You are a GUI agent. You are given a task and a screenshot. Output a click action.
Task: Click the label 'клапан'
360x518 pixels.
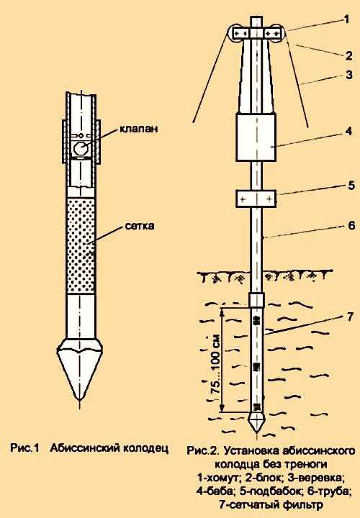pyautogui.click(x=138, y=129)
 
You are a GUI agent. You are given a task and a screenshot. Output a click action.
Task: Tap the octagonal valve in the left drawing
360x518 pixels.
pyautogui.click(x=81, y=147)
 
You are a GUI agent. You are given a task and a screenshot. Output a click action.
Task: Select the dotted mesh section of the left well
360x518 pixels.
pyautogui.click(x=81, y=245)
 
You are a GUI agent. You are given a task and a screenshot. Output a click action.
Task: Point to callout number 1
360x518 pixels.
pyautogui.click(x=346, y=20)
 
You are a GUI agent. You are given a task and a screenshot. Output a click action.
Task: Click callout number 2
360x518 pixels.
pyautogui.click(x=348, y=55)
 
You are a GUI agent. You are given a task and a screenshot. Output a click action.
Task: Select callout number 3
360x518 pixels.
pyautogui.click(x=349, y=75)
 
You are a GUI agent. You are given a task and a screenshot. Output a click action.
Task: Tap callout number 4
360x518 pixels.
pyautogui.click(x=348, y=131)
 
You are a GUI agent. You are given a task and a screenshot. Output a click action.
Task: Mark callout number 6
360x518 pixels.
pyautogui.click(x=351, y=225)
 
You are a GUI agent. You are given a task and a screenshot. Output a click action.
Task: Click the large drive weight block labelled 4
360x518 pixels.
pyautogui.click(x=256, y=137)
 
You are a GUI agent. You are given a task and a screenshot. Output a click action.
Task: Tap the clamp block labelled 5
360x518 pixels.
pyautogui.click(x=256, y=199)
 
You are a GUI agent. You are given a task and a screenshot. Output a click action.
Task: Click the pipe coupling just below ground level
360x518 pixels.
pyautogui.click(x=256, y=300)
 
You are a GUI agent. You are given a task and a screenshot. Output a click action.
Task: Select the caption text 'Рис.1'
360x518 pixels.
pyautogui.click(x=25, y=448)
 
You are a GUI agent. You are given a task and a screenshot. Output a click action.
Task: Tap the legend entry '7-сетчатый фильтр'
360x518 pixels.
pyautogui.click(x=271, y=505)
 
